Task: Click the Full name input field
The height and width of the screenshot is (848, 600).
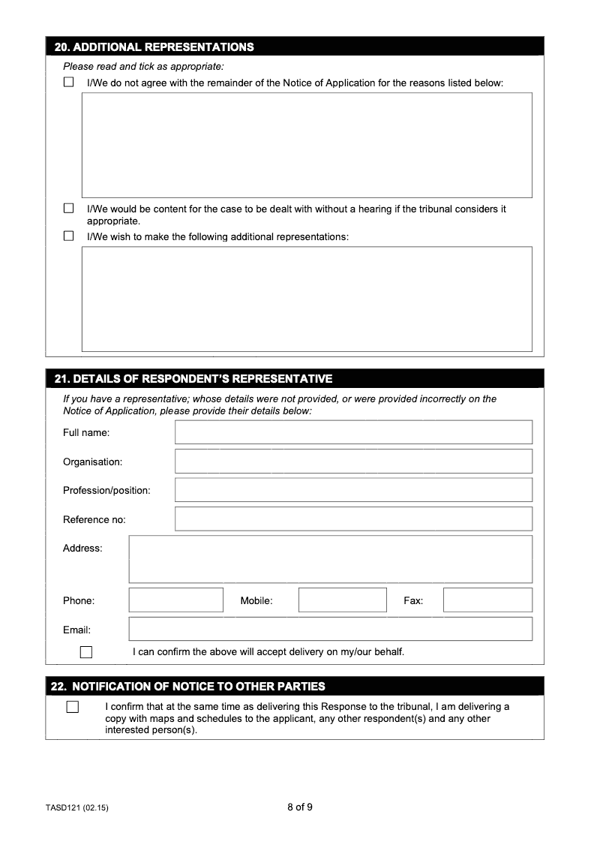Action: (x=353, y=432)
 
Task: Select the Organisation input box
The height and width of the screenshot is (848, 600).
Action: (x=353, y=462)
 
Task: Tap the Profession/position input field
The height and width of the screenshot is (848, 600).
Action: (x=353, y=490)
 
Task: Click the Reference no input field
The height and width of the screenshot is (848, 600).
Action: (x=353, y=519)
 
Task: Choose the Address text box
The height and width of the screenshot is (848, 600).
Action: (x=330, y=559)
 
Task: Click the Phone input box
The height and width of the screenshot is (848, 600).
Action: (x=176, y=600)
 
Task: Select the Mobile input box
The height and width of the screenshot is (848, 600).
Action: (x=342, y=600)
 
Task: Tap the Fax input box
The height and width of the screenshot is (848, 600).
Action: (x=487, y=600)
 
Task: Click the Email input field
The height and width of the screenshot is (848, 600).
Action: (x=330, y=629)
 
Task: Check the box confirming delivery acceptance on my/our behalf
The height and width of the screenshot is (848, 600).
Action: (x=86, y=652)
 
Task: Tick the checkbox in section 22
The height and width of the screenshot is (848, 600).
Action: (x=72, y=707)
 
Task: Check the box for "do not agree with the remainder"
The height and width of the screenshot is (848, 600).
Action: (x=69, y=83)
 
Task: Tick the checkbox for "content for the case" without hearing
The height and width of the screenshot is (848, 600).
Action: (x=69, y=209)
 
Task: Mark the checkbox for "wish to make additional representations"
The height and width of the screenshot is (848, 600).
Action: (x=69, y=236)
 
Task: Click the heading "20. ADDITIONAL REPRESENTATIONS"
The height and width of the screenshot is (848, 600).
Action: (x=154, y=47)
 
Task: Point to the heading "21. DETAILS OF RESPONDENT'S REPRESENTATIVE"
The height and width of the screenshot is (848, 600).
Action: (x=193, y=378)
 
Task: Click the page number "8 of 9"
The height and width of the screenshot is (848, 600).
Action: (x=300, y=807)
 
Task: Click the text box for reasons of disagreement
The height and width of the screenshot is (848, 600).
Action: (x=307, y=145)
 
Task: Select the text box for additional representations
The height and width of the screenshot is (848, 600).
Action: (x=307, y=299)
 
